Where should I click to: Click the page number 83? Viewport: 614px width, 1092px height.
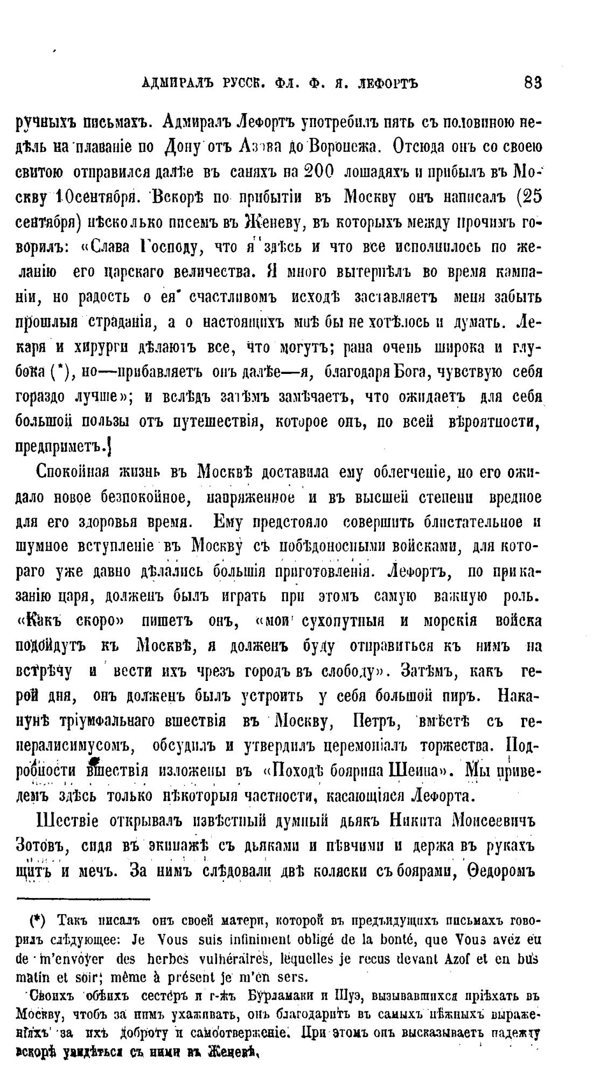tap(532, 83)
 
